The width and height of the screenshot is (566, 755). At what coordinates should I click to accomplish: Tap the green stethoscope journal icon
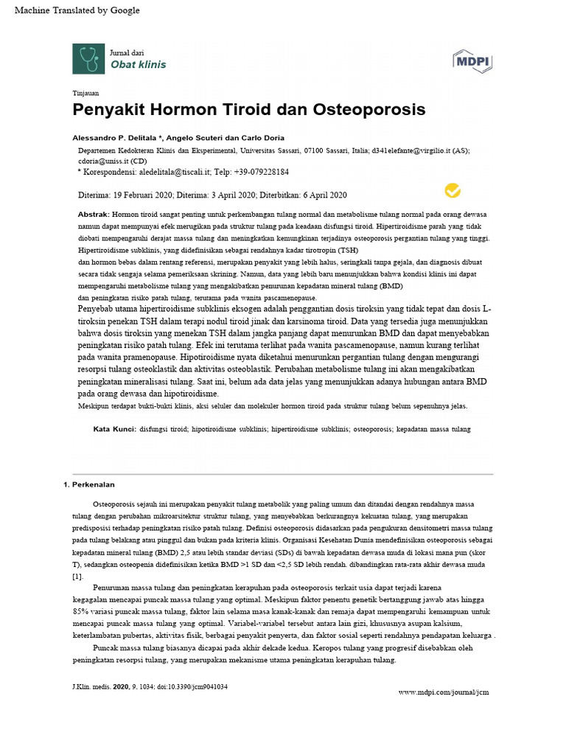pos(88,58)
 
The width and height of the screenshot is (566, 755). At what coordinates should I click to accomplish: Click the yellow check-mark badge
pos(453,191)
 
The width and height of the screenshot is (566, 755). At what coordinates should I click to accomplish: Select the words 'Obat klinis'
pos(138,64)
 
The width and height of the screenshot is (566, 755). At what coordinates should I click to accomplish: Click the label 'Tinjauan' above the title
pos(85,93)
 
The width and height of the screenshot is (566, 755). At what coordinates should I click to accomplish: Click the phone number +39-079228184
pos(258,172)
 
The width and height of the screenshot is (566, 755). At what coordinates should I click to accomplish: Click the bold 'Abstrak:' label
pos(93,213)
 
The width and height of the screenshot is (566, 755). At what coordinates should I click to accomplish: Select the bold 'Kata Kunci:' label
pos(113,428)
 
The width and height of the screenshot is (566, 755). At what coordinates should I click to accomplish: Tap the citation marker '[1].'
pos(77,576)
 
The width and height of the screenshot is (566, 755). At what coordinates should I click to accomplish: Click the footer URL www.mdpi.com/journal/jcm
pos(443,692)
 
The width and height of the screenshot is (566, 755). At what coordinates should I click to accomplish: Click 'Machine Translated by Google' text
pos(72,10)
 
